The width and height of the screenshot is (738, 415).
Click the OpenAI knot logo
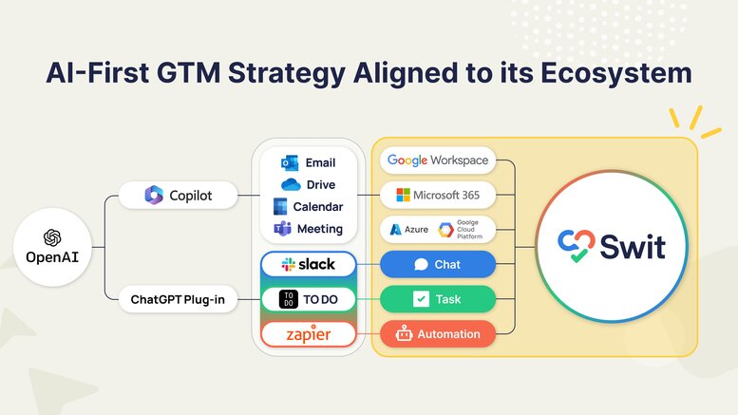click(x=52, y=237)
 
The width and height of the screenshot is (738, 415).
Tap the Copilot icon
click(x=154, y=195)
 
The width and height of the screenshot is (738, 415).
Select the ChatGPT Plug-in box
click(x=178, y=299)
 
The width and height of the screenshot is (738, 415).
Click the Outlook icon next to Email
click(x=290, y=162)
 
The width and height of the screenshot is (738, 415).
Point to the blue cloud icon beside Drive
click(x=291, y=184)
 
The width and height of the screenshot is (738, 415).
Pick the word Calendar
click(x=318, y=207)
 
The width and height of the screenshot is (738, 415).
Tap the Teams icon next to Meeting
click(x=282, y=229)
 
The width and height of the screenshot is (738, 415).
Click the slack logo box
click(x=309, y=264)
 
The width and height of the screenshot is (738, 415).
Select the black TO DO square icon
click(x=289, y=299)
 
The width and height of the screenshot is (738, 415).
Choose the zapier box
click(x=309, y=334)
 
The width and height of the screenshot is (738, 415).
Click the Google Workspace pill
click(x=438, y=160)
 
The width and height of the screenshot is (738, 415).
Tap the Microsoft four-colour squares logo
click(x=403, y=195)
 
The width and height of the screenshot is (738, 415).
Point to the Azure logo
click(x=396, y=230)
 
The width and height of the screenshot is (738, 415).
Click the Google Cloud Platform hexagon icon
click(x=446, y=230)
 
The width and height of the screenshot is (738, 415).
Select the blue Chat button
click(x=438, y=264)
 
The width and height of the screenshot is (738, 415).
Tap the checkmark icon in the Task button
click(x=421, y=299)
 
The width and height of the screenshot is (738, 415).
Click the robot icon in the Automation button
click(x=404, y=333)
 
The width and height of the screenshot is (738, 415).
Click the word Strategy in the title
click(x=287, y=74)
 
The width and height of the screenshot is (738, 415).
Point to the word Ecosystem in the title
click(x=616, y=74)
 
